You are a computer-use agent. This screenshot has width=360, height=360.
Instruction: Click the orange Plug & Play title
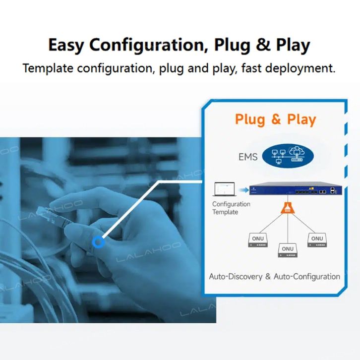coord(275,120)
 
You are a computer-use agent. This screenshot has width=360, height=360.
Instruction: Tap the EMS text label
coord(248,157)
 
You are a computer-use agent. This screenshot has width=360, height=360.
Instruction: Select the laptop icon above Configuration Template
coord(222,190)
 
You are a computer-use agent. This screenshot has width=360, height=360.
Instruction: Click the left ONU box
coord(257,240)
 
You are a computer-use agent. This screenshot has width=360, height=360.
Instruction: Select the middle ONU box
coord(287,250)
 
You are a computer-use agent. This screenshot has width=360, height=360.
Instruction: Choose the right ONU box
coord(317,240)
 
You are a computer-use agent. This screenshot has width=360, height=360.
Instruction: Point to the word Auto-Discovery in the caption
coord(235,277)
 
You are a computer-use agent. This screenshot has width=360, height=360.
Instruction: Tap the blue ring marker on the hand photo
coord(99,242)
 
